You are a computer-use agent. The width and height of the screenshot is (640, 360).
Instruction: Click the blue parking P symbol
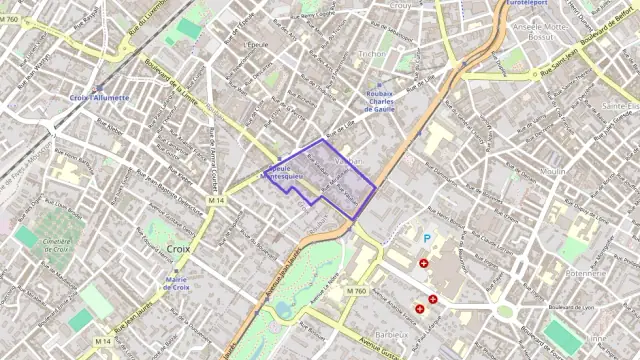427,239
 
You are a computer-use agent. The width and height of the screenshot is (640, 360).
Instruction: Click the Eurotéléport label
528,4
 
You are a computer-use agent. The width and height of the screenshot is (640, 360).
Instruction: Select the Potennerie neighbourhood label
585,272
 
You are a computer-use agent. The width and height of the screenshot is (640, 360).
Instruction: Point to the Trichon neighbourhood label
370,54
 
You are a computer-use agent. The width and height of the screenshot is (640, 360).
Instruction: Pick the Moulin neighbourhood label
580,171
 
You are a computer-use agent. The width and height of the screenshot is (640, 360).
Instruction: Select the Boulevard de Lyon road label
571,306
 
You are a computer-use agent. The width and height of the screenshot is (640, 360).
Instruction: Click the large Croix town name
180,248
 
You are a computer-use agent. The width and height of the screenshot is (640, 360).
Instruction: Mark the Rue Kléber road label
111,127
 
